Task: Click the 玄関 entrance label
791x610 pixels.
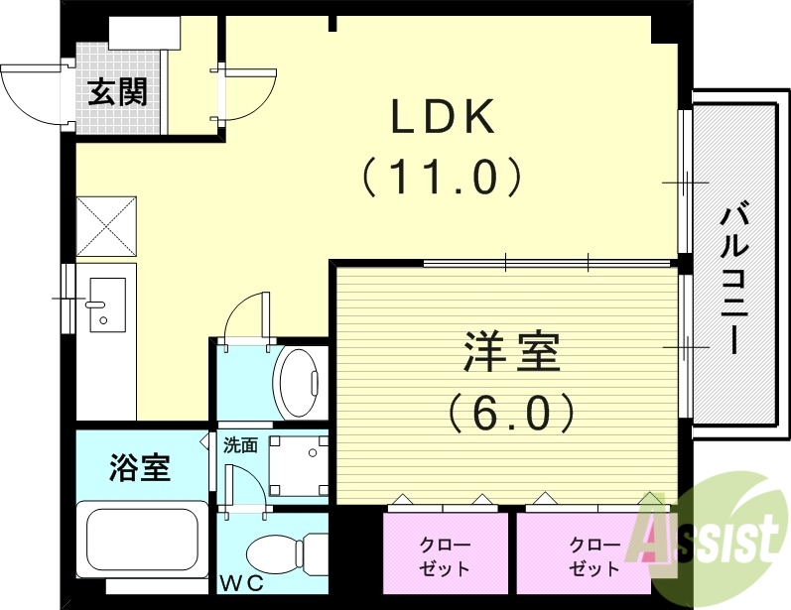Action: pos(119,92)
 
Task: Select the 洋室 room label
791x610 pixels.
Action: pos(511,353)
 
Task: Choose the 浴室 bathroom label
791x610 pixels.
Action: pos(139,466)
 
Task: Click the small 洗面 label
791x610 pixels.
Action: pos(240,445)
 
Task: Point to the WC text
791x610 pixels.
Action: pos(242,583)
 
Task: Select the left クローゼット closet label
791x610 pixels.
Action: pos(446,557)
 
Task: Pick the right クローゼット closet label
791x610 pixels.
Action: pos(594,557)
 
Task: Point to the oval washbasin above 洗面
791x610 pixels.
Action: pos(298,383)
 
